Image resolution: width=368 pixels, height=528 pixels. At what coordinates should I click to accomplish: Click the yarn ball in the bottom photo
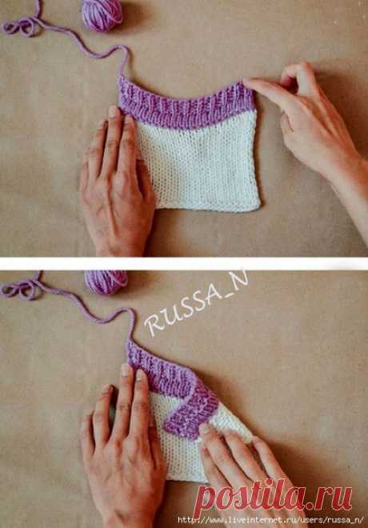[x=106, y=282]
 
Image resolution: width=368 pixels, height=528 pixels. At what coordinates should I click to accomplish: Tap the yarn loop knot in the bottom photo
[x=21, y=290]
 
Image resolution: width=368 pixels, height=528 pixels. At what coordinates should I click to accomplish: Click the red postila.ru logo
[x=272, y=498]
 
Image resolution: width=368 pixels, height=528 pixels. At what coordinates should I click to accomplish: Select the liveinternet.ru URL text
[x=270, y=520]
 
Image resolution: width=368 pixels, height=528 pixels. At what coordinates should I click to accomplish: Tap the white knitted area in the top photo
[x=198, y=165]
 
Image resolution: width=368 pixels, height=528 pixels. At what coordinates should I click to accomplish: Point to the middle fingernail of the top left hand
[x=113, y=111]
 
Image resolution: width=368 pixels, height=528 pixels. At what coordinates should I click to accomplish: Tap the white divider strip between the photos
[x=184, y=264]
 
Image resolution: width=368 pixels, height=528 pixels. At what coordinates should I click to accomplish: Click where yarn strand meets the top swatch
[x=122, y=77]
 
